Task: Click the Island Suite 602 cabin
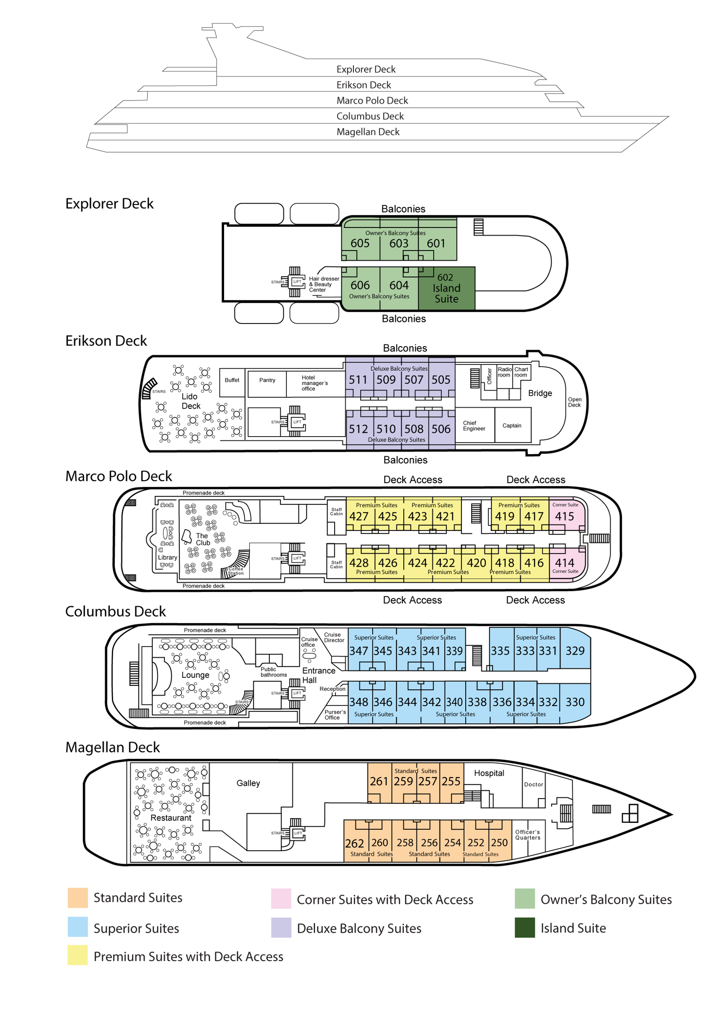point(446,288)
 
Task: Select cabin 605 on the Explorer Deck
point(360,243)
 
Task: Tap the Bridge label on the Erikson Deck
point(540,393)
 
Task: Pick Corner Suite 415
point(564,516)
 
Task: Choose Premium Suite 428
point(359,563)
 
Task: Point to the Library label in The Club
point(167,557)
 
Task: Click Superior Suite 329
point(575,651)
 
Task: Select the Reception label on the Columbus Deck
point(333,689)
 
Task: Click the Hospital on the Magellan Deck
point(489,773)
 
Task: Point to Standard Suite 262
point(354,843)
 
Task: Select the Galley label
point(248,783)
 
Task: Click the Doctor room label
point(534,784)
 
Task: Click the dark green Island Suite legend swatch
point(525,928)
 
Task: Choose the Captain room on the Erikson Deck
point(512,426)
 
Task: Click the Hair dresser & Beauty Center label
point(324,284)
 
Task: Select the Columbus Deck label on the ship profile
point(370,116)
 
